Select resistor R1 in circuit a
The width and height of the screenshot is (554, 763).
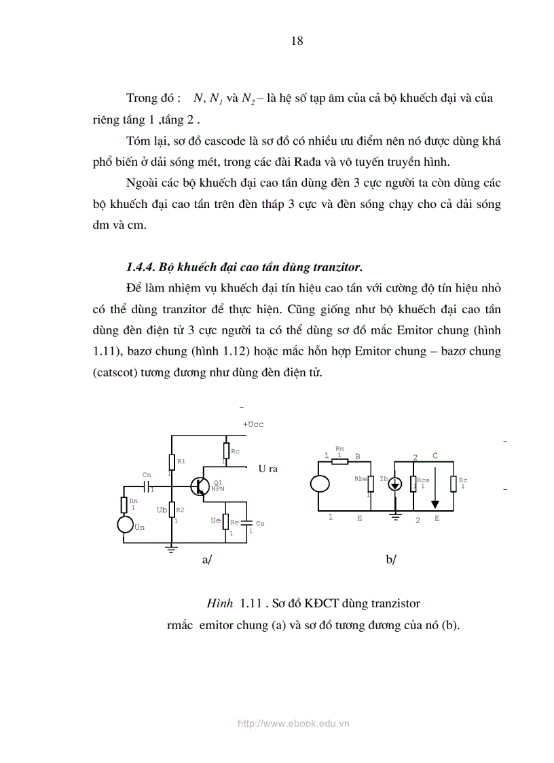pyautogui.click(x=172, y=462)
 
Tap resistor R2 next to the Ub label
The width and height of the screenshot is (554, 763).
pyautogui.click(x=172, y=510)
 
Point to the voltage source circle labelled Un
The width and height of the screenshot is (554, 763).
pyautogui.click(x=125, y=525)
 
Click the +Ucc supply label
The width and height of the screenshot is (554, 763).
pyautogui.click(x=253, y=424)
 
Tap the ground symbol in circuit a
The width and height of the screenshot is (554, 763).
pyautogui.click(x=172, y=549)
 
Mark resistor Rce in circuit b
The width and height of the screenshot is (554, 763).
pyautogui.click(x=413, y=483)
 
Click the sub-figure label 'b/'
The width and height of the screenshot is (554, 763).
pyautogui.click(x=390, y=560)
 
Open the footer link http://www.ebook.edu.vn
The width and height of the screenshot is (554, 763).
pyautogui.click(x=293, y=724)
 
